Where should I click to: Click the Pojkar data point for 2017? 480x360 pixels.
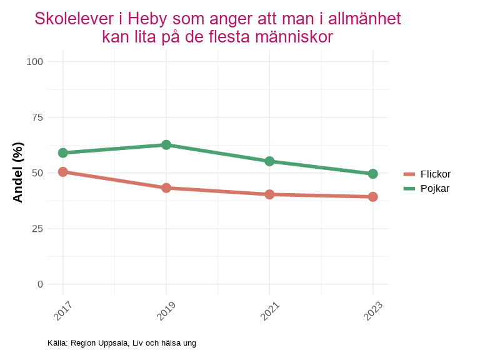point(63,152)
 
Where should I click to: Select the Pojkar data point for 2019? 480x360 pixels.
point(166,145)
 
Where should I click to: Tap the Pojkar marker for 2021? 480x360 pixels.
point(269,161)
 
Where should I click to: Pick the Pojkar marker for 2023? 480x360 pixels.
point(372,174)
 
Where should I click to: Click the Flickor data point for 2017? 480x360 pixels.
point(63,172)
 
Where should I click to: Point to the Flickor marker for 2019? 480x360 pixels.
point(166,188)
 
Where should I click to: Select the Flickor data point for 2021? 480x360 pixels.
point(269,194)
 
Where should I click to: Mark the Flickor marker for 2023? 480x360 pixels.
point(372,197)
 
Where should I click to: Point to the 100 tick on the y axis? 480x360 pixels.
point(35,61)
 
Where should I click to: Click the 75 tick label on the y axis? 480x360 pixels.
point(37,117)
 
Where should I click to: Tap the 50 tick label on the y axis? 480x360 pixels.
point(37,172)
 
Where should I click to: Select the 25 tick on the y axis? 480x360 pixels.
point(37,228)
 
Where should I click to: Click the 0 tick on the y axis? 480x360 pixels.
point(41,284)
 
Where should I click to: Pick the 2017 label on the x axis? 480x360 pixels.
point(62,311)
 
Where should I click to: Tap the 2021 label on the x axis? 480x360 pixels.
point(269,311)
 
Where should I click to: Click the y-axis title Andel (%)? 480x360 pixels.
point(18,172)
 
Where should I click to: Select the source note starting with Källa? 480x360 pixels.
point(122,343)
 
